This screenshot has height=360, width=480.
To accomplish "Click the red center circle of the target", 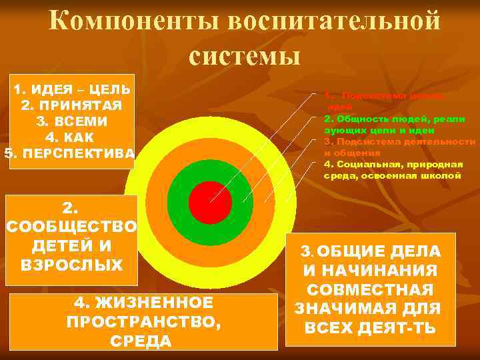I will click(210, 202).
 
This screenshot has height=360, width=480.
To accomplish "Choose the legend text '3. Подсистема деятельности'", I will click(400, 141).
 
